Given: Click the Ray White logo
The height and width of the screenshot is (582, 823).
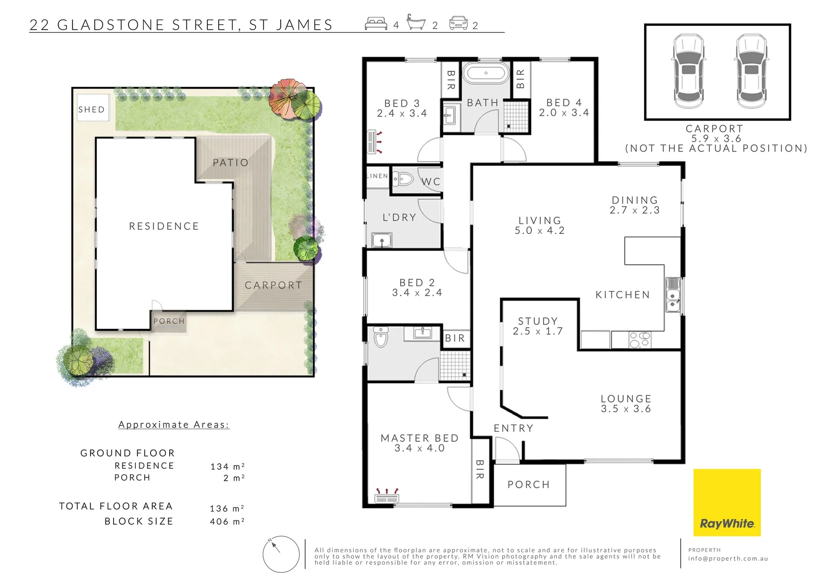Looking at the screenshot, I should click(x=727, y=502).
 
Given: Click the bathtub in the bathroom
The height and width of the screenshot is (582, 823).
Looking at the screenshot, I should click(x=485, y=73).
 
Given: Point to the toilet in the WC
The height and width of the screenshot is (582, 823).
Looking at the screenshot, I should click(x=401, y=179).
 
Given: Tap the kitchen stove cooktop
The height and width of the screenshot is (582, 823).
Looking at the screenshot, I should click(x=639, y=339).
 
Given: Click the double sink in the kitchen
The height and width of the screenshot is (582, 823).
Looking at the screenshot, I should click(x=672, y=295).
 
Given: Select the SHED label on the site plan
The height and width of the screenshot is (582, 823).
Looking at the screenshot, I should click(x=92, y=109).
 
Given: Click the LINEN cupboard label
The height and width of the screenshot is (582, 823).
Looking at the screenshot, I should click(x=377, y=176).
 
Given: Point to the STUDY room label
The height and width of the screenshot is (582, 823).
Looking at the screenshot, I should click(x=538, y=321).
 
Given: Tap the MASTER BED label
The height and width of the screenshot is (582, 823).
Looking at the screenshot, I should click(x=420, y=438).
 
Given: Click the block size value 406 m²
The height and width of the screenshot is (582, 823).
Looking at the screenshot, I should click(x=227, y=521).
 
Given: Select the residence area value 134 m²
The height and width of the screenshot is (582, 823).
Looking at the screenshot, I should click(x=227, y=466).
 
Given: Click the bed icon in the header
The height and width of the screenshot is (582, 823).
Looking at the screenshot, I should click(x=376, y=24).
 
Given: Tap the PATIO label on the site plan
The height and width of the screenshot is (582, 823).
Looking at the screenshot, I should click(x=231, y=162).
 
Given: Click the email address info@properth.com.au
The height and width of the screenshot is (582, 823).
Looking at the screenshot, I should click(x=728, y=559).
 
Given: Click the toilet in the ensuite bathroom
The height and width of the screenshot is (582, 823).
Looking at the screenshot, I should click(x=380, y=337).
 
